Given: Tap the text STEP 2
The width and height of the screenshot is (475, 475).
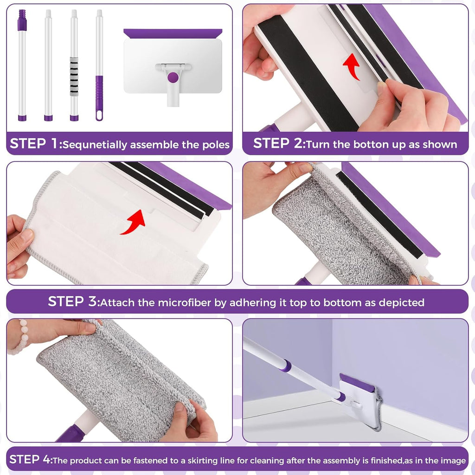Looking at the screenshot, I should coord(277,143).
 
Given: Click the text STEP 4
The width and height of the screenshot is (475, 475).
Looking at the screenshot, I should coord(29,460).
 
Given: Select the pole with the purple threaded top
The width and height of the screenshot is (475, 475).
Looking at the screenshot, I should coord(22,65).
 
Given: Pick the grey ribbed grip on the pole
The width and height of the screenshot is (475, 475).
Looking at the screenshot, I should coord(74,76).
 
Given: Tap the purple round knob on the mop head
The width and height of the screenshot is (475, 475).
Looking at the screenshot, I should coord(173,77).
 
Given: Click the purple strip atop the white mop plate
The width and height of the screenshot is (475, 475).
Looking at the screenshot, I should coord(173,34).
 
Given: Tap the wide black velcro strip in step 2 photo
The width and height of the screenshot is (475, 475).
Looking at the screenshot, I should coord(306,70).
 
